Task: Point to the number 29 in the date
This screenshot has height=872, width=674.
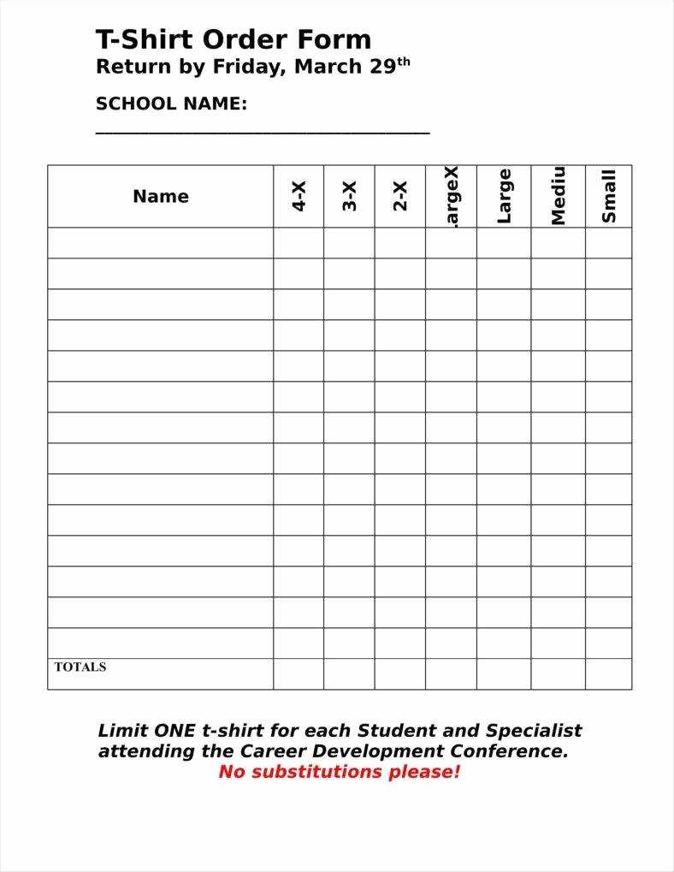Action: [x=381, y=68]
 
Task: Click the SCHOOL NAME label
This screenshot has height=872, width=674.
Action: [x=171, y=104]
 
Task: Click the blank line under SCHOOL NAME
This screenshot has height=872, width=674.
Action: [x=262, y=132]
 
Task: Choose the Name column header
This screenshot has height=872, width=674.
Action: [x=161, y=196]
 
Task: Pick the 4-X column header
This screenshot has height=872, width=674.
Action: [x=299, y=196]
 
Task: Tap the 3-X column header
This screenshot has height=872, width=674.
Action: [x=350, y=196]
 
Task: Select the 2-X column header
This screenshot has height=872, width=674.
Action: [x=400, y=196]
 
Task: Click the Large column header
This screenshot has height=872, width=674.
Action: [x=505, y=196]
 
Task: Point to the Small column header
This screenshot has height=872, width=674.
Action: [x=609, y=196]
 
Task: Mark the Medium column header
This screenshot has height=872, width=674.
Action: [x=559, y=196]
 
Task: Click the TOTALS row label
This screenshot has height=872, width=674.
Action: [x=80, y=667]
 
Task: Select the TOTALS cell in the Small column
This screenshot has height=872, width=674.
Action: [x=609, y=673]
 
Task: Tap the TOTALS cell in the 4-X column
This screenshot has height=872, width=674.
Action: [x=299, y=673]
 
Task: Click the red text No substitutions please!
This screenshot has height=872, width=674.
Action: [x=340, y=772]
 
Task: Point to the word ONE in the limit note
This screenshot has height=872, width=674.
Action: [x=174, y=731]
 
